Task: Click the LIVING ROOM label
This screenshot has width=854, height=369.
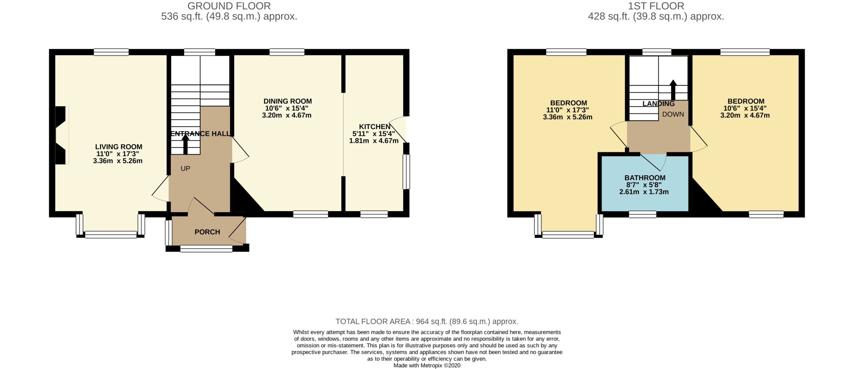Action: pyautogui.click(x=118, y=147)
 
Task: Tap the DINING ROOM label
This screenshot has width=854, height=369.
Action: pyautogui.click(x=287, y=101)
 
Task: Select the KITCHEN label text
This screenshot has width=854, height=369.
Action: pyautogui.click(x=374, y=127)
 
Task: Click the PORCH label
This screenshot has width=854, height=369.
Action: pyautogui.click(x=207, y=232)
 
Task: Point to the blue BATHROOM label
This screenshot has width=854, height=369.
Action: pyautogui.click(x=645, y=178)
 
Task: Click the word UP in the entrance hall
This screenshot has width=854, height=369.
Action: pyautogui.click(x=185, y=169)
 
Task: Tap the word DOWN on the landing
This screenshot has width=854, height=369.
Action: pyautogui.click(x=673, y=114)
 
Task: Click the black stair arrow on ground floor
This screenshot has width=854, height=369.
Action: pyautogui.click(x=185, y=146)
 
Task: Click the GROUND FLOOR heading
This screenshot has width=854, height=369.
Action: pyautogui.click(x=229, y=6)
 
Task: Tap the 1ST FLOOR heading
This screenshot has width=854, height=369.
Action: pyautogui.click(x=656, y=6)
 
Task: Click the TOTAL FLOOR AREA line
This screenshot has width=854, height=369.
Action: pyautogui.click(x=427, y=321)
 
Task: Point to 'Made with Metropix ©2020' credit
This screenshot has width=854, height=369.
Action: pyautogui.click(x=427, y=365)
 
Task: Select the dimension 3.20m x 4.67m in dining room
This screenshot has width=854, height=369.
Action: pyautogui.click(x=287, y=115)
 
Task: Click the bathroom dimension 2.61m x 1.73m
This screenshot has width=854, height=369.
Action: pyautogui.click(x=644, y=192)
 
